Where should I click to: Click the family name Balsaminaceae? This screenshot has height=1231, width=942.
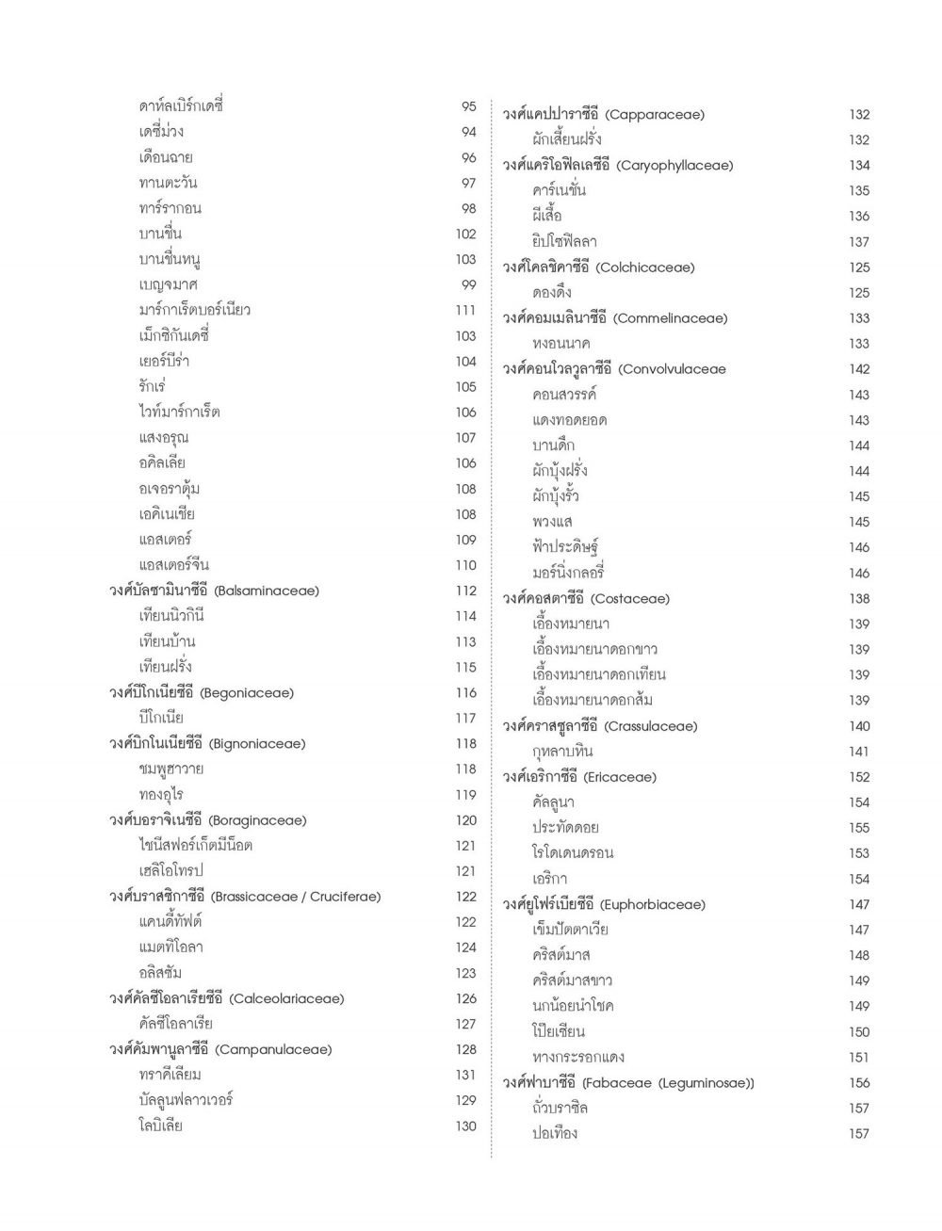tap(267, 591)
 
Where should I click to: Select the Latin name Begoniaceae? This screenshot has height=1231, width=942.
tap(247, 693)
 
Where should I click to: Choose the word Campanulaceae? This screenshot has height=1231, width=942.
tap(274, 1049)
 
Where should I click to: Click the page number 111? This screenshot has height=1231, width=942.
tap(465, 310)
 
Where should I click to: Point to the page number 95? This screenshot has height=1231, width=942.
tap(468, 106)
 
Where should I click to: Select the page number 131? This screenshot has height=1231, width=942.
tap(465, 1075)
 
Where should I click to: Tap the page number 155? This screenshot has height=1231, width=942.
tap(858, 828)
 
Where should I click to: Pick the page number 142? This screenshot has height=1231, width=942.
tap(858, 369)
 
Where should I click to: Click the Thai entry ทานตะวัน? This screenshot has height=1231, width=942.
tap(168, 183)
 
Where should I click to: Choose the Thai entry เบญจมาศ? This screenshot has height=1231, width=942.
tap(168, 284)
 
